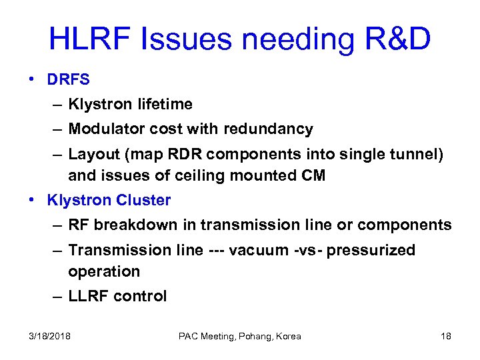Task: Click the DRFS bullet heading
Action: (x=69, y=79)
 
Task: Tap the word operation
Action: (x=104, y=272)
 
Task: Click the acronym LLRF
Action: (x=89, y=296)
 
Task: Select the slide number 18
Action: (x=446, y=336)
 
